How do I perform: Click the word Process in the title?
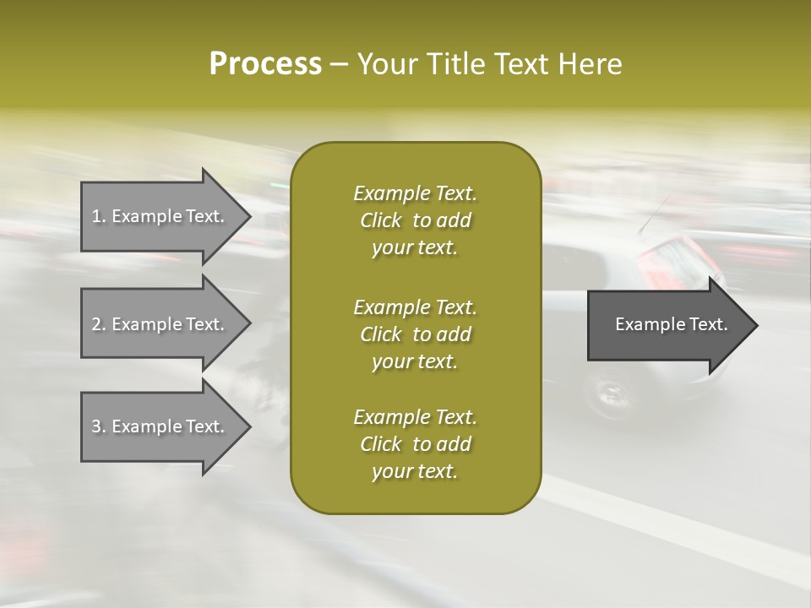pyautogui.click(x=265, y=64)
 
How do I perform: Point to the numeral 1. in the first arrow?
pyautogui.click(x=99, y=216)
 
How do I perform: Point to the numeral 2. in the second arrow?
pyautogui.click(x=99, y=324)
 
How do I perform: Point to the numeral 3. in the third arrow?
pyautogui.click(x=99, y=426)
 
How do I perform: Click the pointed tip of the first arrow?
pyautogui.click(x=248, y=216)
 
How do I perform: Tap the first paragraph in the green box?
pyautogui.click(x=415, y=220)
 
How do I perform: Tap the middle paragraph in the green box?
pyautogui.click(x=415, y=334)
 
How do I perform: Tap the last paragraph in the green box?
pyautogui.click(x=415, y=444)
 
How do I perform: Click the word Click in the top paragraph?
pyautogui.click(x=381, y=220)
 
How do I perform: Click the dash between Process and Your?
pyautogui.click(x=340, y=64)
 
